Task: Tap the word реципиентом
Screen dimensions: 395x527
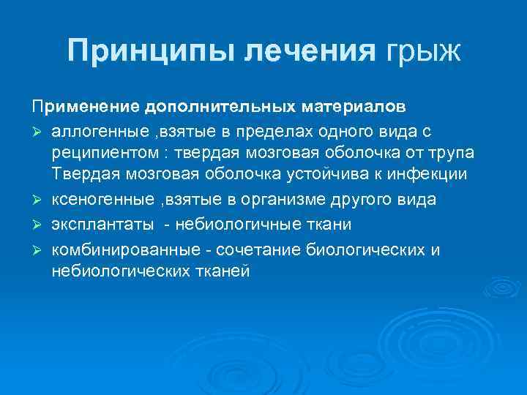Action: point(101,154)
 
